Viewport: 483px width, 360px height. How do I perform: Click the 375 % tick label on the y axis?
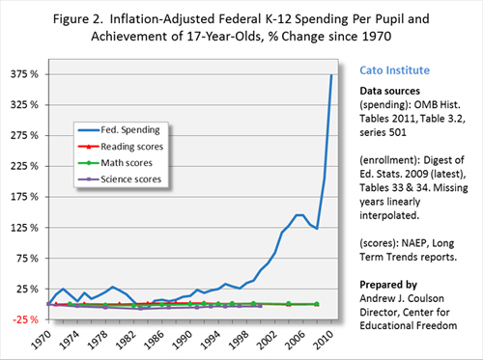pos(24,74)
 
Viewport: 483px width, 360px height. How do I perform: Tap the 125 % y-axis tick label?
pos(24,228)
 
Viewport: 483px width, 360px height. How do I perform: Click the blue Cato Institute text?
pos(395,70)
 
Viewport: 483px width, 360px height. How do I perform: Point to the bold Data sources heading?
pos(390,91)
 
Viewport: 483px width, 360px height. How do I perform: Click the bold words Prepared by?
pos(388,285)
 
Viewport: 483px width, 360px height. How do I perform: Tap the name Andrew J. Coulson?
pos(402,298)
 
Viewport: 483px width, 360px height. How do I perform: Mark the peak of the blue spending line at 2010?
pos(331,74)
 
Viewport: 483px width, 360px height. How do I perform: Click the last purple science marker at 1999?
pos(260,306)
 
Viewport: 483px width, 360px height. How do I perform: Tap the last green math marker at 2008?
pos(317,304)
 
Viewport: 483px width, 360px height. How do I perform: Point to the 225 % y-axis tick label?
pos(24,166)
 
